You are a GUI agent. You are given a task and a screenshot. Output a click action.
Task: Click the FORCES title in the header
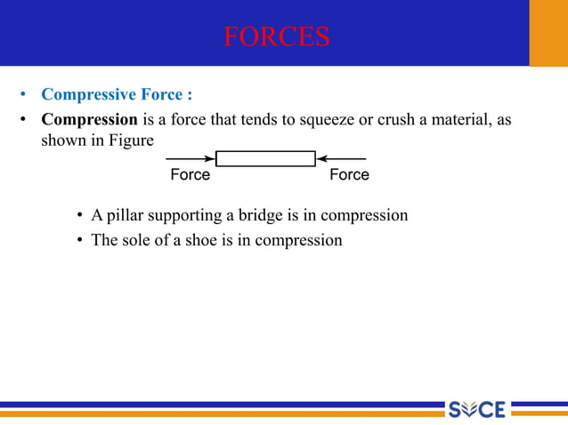(276, 36)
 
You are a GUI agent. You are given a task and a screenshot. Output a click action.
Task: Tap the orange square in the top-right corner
(548, 33)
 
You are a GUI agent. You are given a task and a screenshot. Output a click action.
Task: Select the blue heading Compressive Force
(117, 94)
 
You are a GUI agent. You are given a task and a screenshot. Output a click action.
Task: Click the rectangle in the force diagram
(265, 159)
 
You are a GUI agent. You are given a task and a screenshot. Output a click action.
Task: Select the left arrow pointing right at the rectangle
(191, 159)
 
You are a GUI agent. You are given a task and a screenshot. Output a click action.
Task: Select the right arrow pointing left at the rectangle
(341, 159)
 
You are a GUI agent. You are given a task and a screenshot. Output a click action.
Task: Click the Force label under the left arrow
(190, 175)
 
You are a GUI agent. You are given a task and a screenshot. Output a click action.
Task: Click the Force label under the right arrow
(349, 175)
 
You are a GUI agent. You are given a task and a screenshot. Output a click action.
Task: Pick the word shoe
(203, 240)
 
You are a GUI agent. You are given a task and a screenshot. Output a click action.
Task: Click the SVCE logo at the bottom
(476, 409)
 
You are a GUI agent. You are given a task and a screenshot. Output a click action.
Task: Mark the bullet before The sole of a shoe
(81, 241)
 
